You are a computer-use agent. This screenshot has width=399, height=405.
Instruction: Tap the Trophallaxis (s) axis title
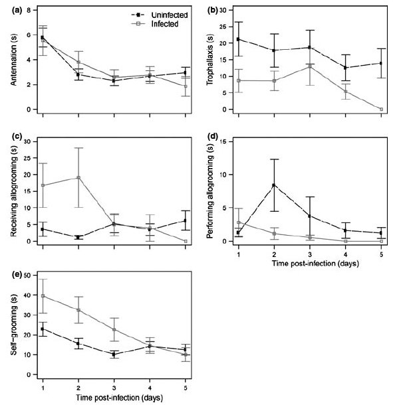(212, 60)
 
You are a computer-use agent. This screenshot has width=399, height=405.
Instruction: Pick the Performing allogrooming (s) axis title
(212, 193)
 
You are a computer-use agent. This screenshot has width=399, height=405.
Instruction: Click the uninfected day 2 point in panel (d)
(272, 185)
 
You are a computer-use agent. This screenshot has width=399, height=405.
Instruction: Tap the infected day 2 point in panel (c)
(78, 177)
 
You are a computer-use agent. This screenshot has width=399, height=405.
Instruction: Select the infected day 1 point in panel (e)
(43, 296)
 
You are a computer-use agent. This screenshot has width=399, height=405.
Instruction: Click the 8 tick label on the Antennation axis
(27, 11)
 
